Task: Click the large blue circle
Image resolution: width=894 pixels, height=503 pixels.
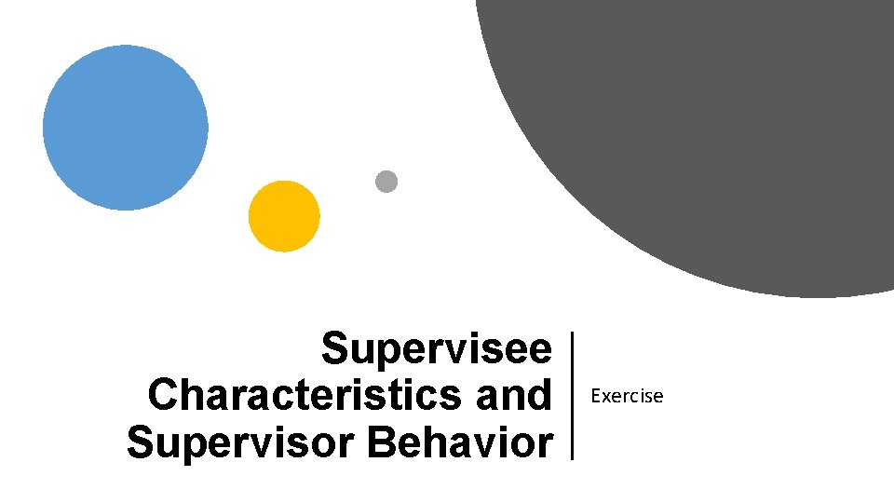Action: pos(126,128)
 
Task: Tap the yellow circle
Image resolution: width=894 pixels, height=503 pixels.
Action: pos(284,216)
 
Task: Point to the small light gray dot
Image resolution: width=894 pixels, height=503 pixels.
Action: pos(386,182)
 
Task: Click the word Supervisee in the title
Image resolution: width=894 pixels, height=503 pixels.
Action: pos(437,350)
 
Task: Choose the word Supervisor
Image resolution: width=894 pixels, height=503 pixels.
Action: pos(241,442)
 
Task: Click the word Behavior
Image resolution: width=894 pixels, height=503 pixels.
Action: pos(461,442)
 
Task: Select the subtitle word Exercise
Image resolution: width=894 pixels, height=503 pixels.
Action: pos(628,397)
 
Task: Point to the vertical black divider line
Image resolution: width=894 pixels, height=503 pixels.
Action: pos(572,395)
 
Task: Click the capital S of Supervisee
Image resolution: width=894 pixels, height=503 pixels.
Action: pos(334,350)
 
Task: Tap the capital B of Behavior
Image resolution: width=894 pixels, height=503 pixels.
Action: pos(382,442)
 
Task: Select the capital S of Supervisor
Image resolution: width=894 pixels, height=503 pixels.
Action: pos(141,442)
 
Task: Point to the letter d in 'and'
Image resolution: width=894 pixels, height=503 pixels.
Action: pos(539,396)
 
